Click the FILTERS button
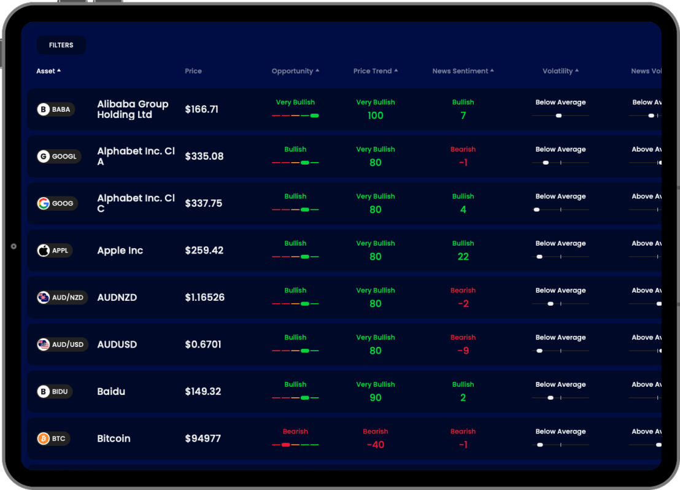61,45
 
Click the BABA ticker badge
55,110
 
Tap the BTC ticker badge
53,439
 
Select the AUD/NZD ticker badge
62,298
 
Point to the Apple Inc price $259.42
204,251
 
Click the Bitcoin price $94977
203,439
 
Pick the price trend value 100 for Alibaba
376,115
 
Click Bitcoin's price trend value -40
376,445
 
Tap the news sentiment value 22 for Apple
463,257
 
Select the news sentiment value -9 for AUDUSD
463,351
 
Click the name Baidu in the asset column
111,392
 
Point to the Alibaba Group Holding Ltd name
133,109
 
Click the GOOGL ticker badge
59,157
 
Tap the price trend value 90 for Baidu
376,398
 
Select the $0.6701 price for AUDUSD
203,344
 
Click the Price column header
193,71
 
